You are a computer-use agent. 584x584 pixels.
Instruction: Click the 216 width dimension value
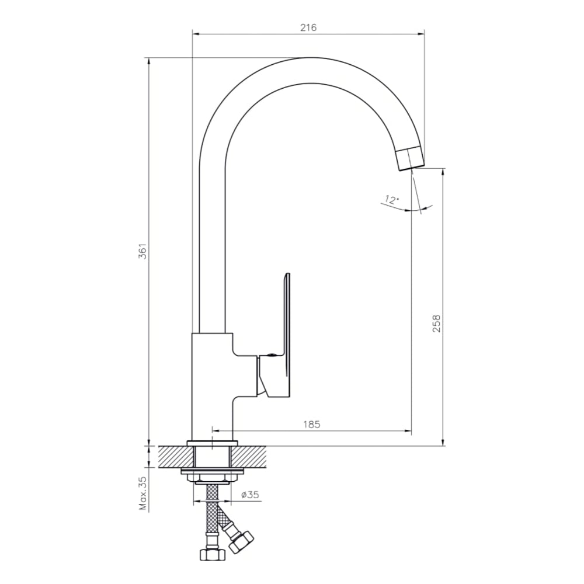tap(308, 27)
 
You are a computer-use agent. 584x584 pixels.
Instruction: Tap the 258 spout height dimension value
tap(436, 324)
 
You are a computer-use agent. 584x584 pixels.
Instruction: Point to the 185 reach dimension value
tap(312, 424)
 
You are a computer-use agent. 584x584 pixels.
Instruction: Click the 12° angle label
tap(391, 200)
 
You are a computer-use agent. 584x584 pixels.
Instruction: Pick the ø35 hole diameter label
tap(251, 495)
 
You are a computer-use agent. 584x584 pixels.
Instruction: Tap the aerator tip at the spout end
tap(410, 159)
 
